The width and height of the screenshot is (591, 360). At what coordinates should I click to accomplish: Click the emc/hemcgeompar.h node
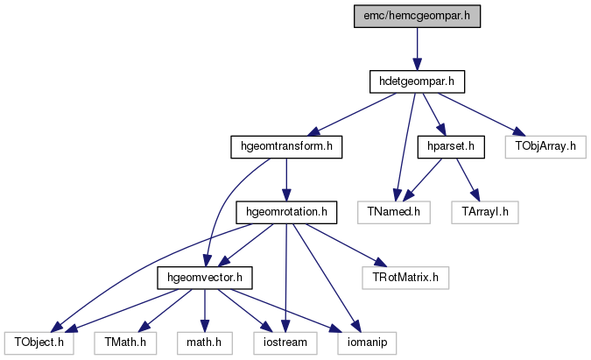tap(417, 17)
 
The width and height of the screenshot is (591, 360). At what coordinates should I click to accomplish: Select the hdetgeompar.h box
tap(417, 81)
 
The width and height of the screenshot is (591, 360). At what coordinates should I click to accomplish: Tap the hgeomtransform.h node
tap(286, 146)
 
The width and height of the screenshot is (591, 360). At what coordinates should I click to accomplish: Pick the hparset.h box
tap(451, 146)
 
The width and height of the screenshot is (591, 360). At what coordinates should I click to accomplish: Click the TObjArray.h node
tap(545, 146)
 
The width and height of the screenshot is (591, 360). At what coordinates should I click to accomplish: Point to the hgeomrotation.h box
tap(286, 212)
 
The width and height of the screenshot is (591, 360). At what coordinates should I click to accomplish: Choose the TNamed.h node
tap(394, 212)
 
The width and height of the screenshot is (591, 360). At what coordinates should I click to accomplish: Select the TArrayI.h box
tap(485, 212)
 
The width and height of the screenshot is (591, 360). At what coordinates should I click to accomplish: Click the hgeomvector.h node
tap(205, 278)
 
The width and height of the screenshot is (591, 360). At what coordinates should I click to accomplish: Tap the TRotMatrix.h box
tap(405, 278)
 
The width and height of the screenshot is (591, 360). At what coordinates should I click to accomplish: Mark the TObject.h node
tap(39, 343)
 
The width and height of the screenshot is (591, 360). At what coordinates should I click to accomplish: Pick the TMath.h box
tap(125, 343)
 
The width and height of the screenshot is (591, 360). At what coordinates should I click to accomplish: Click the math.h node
tap(204, 343)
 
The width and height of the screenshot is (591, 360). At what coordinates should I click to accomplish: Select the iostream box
tap(285, 343)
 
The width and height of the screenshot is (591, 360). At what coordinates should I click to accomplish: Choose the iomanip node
tap(367, 343)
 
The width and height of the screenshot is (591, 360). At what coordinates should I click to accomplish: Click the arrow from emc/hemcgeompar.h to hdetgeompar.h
tap(417, 49)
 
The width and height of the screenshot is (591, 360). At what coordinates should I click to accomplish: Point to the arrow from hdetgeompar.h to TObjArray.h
tap(482, 114)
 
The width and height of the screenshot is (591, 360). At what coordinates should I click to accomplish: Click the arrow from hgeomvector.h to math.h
tap(205, 311)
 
